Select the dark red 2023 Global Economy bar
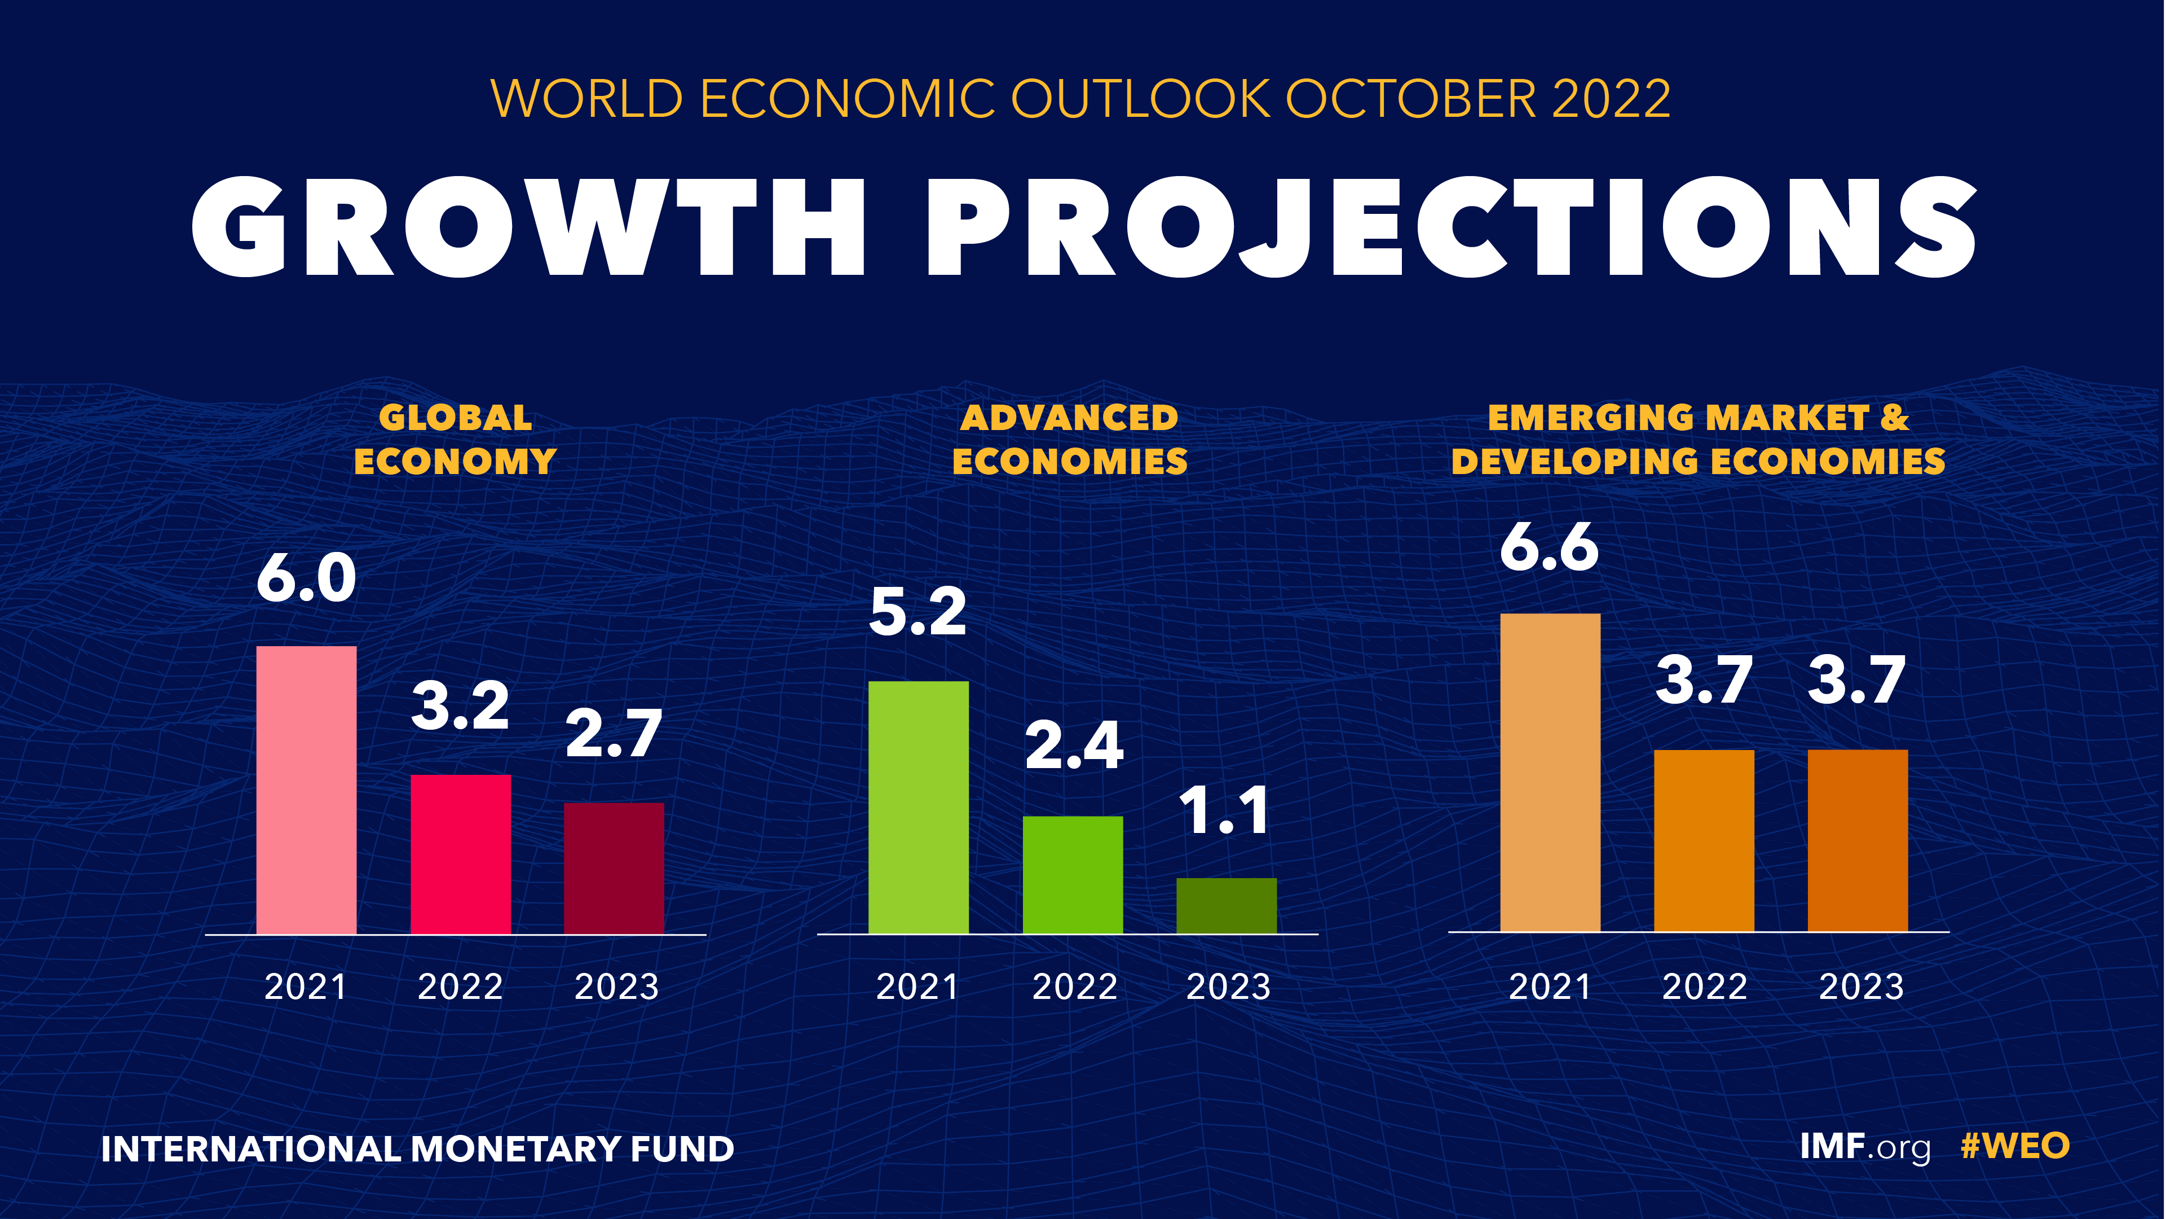click(x=614, y=867)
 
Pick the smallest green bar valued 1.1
click(x=1226, y=905)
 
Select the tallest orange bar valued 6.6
click(x=1550, y=771)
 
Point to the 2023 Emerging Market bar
click(x=1858, y=840)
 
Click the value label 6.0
click(x=306, y=579)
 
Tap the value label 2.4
click(x=1074, y=746)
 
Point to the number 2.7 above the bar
click(x=614, y=734)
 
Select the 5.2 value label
click(x=917, y=612)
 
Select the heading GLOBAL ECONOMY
click(x=455, y=439)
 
